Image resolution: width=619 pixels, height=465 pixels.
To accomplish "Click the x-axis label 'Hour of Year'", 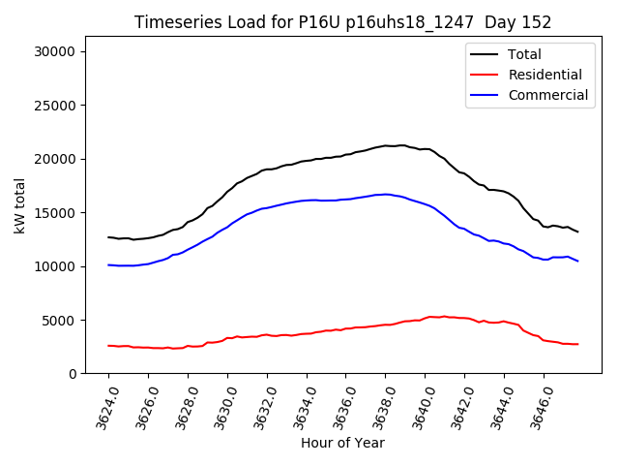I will tap(342, 443).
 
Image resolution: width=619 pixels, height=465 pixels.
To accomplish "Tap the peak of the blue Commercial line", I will tap(386, 194).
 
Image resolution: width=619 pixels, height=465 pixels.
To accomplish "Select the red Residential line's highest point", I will tap(430, 316).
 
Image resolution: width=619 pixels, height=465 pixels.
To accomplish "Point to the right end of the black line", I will tap(578, 232).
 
